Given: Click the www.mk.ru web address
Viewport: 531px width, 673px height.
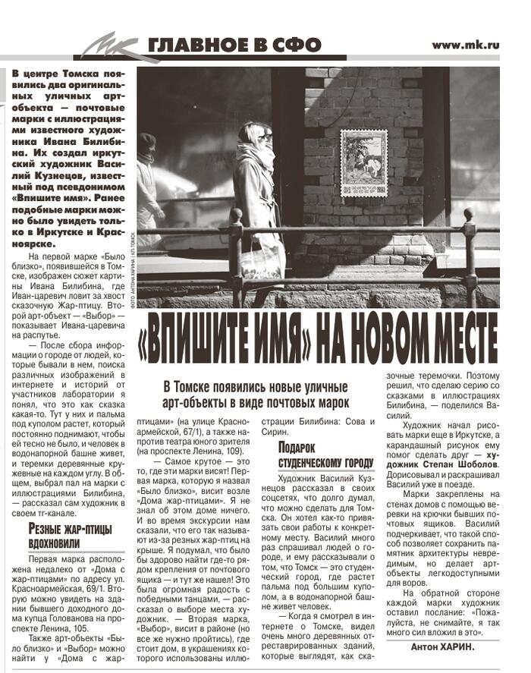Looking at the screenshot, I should [465, 45].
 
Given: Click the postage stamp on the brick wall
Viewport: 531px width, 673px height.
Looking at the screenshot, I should [363, 162].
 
